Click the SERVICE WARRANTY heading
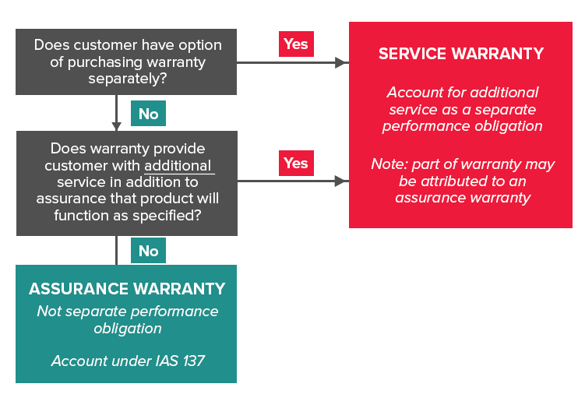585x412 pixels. point(460,54)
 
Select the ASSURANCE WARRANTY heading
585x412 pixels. point(127,289)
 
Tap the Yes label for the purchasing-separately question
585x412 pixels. point(296,44)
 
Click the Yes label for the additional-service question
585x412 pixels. point(296,163)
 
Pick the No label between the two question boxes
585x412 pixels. point(148,114)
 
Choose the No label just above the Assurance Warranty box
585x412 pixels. point(148,251)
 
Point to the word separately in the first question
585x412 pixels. point(127,79)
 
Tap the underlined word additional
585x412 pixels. point(178,165)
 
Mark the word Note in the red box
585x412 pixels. point(388,164)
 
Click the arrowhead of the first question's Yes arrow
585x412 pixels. point(341,62)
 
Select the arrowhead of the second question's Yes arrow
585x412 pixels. point(341,181)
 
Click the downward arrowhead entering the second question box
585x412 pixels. point(117,126)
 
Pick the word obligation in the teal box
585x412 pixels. point(127,328)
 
